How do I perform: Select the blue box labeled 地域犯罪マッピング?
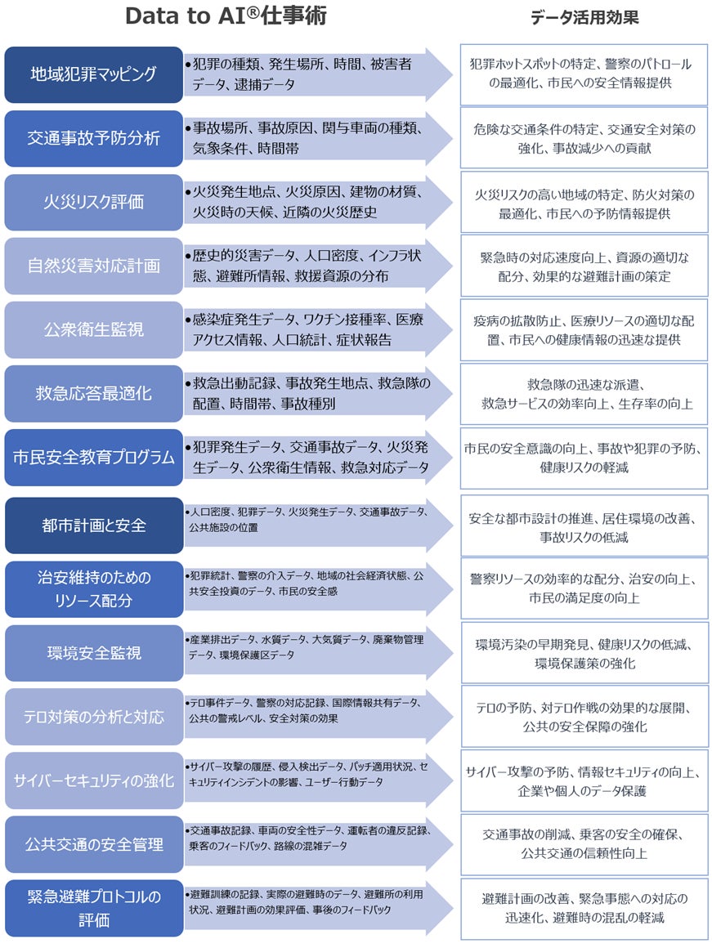[x=93, y=74]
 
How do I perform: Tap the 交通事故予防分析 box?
[x=93, y=138]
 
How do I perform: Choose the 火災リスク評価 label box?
[x=93, y=202]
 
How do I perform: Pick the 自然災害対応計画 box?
[x=93, y=266]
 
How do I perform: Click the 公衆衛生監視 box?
[x=93, y=329]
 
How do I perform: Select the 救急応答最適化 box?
[x=93, y=393]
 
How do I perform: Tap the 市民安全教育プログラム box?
[x=93, y=457]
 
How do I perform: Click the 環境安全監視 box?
[x=93, y=653]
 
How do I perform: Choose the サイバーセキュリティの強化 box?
[x=93, y=780]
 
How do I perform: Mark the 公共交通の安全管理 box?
[x=93, y=844]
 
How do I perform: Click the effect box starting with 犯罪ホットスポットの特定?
[x=584, y=74]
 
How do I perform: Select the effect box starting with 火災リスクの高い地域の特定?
[x=584, y=203]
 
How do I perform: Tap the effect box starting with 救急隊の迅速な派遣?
[x=584, y=394]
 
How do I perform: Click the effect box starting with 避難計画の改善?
[x=584, y=908]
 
